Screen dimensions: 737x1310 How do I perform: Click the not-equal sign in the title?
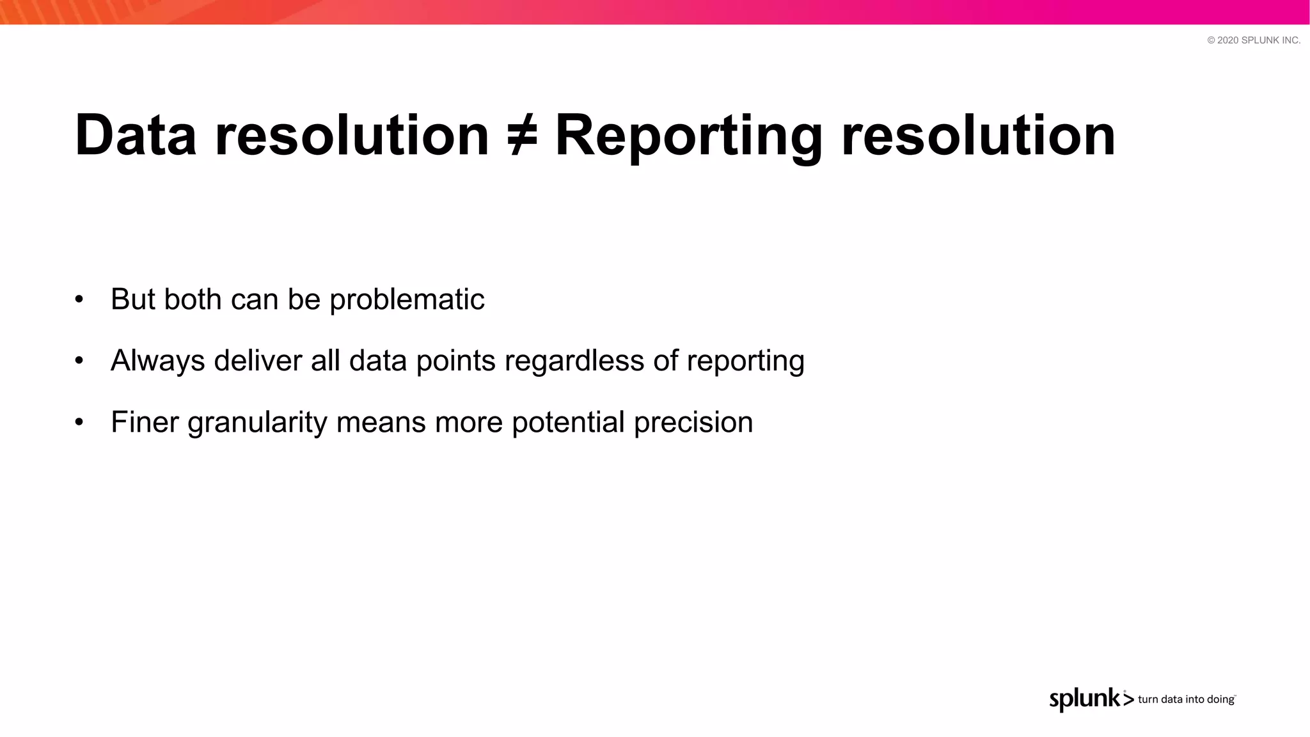522,136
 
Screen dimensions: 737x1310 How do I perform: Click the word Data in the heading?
136,136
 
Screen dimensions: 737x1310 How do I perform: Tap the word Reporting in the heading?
688,136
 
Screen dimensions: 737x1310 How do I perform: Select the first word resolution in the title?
352,136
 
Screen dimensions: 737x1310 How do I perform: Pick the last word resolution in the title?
978,136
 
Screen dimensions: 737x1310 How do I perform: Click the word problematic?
407,299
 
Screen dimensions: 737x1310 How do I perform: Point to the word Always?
157,361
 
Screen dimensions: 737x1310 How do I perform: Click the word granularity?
257,422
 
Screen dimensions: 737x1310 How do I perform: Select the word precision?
693,422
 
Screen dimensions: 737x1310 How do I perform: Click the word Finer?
145,422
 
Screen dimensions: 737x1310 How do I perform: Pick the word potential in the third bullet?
568,422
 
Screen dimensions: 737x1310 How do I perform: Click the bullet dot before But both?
79,299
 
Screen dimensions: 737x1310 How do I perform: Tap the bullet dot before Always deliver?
79,361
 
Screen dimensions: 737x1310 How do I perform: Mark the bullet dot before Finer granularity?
79,422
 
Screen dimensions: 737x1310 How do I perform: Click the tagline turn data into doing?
1186,700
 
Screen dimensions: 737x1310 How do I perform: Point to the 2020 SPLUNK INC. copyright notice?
1254,40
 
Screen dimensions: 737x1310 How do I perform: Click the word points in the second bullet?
455,361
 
